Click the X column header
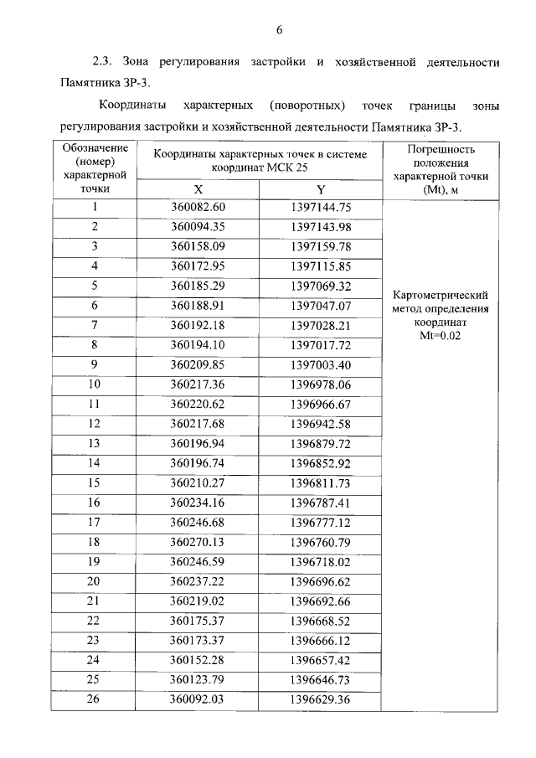click(x=198, y=188)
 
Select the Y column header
click(x=320, y=188)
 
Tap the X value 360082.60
click(x=198, y=207)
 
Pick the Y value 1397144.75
click(x=320, y=207)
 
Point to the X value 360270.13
click(x=198, y=542)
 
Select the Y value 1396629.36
click(x=320, y=699)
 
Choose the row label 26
click(x=95, y=699)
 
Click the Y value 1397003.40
click(x=320, y=364)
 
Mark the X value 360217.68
click(x=198, y=423)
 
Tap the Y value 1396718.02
click(x=320, y=561)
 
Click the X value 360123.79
click(x=198, y=679)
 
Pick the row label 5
click(x=95, y=286)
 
